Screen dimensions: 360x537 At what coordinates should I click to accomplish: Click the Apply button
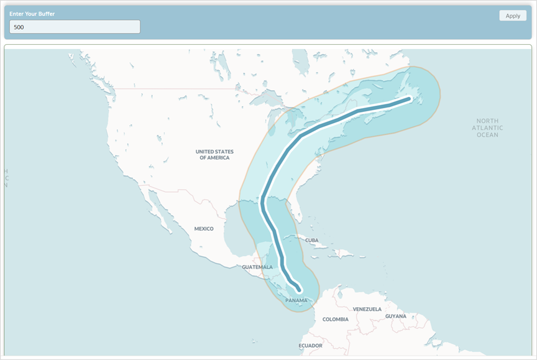coord(513,16)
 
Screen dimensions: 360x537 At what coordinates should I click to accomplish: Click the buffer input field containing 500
coord(75,27)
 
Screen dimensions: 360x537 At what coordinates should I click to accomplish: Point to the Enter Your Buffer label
coord(32,14)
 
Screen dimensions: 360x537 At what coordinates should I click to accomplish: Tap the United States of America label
coord(214,154)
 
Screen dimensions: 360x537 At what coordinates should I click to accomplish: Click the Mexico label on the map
coord(203,229)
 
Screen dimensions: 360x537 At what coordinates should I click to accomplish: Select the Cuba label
coord(311,241)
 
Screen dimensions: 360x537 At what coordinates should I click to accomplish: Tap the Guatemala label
coord(257,267)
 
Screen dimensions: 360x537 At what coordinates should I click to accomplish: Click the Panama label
coord(296,300)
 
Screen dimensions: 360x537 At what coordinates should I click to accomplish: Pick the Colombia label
coord(335,320)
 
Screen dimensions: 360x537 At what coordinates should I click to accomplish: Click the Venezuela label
coord(367,309)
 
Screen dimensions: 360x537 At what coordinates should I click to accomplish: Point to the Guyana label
coord(395,316)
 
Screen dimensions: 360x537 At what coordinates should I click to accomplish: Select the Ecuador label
coord(310,345)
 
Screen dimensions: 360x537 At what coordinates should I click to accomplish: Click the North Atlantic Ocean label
coord(488,127)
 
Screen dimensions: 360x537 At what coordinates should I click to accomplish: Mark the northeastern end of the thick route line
coord(409,98)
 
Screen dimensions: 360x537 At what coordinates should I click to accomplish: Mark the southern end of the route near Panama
coord(300,289)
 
